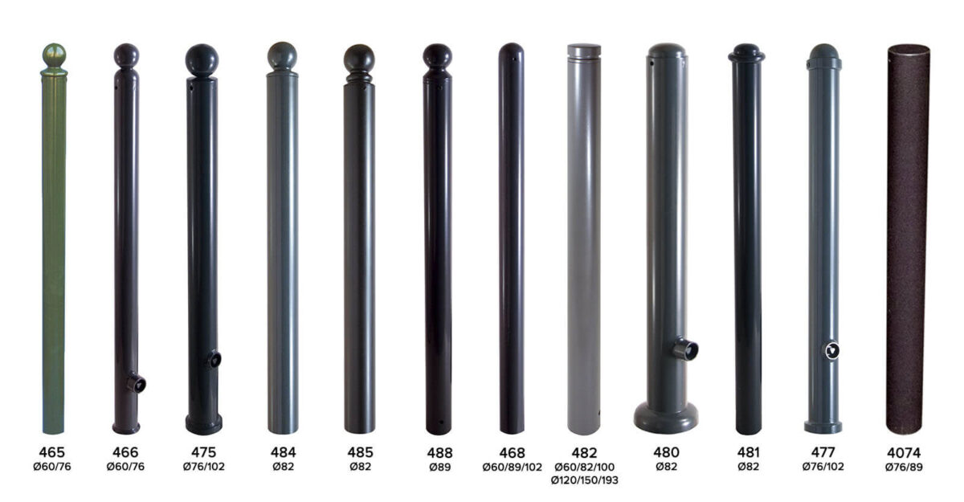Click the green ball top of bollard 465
(x=55, y=55)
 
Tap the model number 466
(x=125, y=452)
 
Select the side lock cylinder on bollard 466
(x=137, y=383)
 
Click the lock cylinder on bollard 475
(x=214, y=358)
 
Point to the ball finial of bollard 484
(x=282, y=56)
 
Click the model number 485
(x=360, y=452)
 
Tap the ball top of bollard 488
(x=437, y=56)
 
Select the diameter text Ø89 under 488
(x=440, y=467)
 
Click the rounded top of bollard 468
(x=511, y=51)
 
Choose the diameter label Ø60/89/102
(x=513, y=467)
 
